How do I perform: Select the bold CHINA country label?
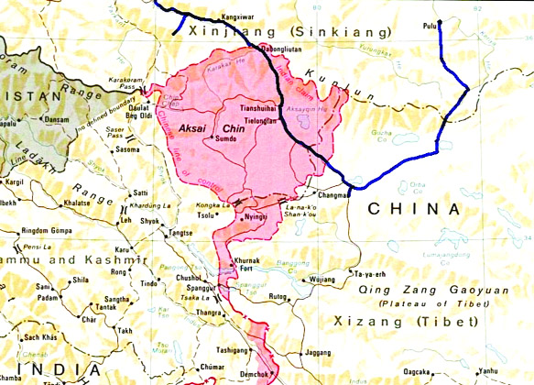pos(413,210)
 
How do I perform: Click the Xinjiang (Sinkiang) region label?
pos(289,31)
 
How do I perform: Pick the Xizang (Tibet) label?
pos(406,322)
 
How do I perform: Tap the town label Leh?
pos(126,221)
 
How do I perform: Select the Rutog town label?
pos(278,295)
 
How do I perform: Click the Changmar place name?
pos(332,195)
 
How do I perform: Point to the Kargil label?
pos(14,182)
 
